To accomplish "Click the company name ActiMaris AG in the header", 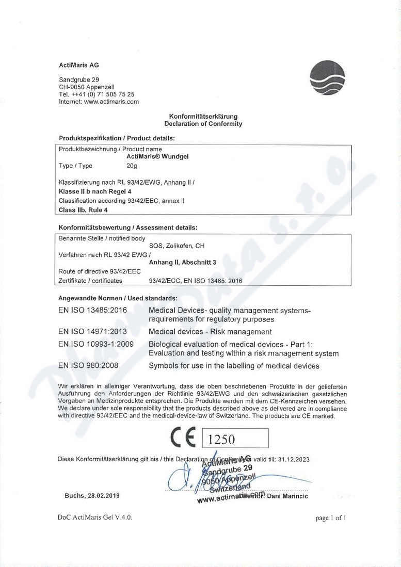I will pyautogui.click(x=78, y=66).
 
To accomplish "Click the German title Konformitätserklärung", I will pyautogui.click(x=203, y=117).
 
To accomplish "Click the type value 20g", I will pyautogui.click(x=132, y=166).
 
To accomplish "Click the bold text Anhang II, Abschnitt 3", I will pyautogui.click(x=182, y=262).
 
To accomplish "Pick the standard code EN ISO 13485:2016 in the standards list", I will pyautogui.click(x=93, y=311).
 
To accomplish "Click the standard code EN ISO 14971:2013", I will pyautogui.click(x=93, y=332).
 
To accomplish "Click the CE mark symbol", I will pyautogui.click(x=183, y=439).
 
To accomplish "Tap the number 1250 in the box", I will pyautogui.click(x=221, y=439).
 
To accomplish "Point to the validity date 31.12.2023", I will pyautogui.click(x=293, y=459).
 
